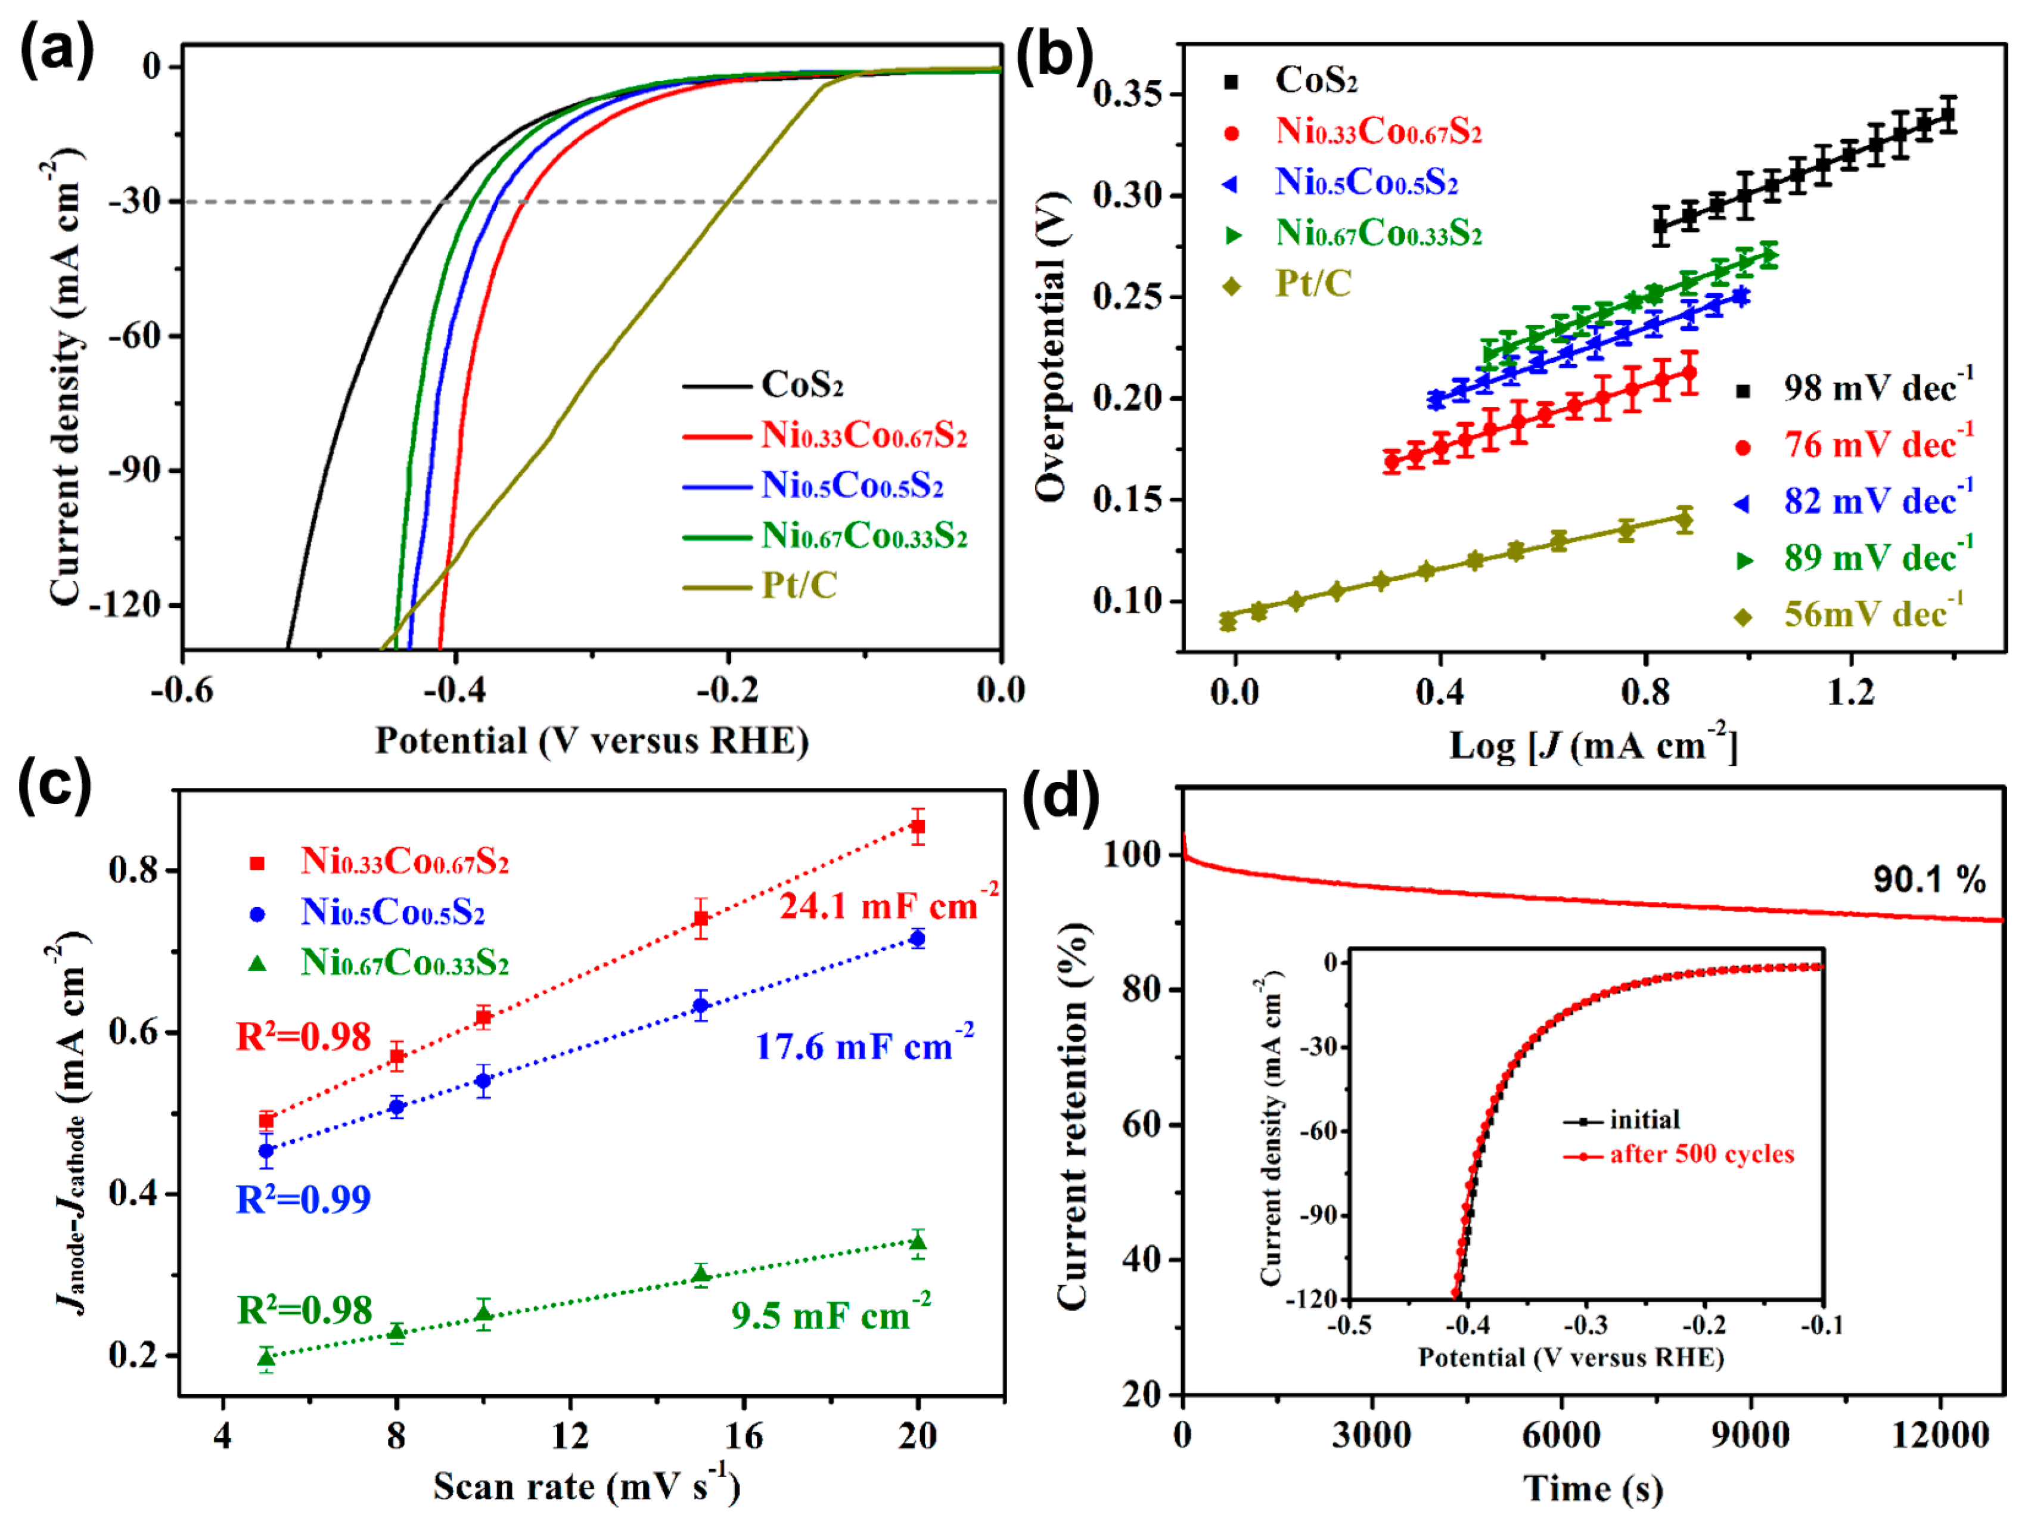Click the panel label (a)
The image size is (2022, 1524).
tap(57, 50)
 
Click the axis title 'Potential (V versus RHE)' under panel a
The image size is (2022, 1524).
tap(592, 740)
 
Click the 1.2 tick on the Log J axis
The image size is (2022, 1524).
tap(1850, 692)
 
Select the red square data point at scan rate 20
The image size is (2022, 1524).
tap(917, 827)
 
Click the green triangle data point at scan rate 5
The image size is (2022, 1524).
tap(266, 1357)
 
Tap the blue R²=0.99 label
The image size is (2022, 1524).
tap(303, 1199)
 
